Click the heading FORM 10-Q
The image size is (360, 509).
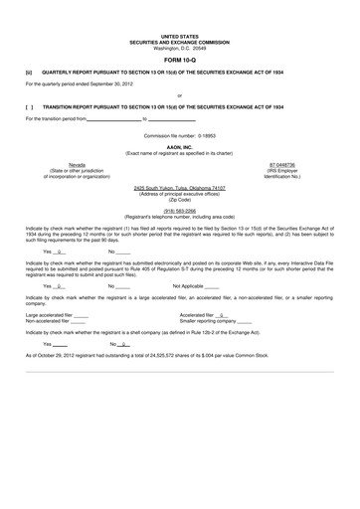(x=180, y=57)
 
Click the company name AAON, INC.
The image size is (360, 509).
(x=180, y=145)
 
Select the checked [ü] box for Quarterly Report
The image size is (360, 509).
(x=29, y=72)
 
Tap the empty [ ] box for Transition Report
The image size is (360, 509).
(x=29, y=105)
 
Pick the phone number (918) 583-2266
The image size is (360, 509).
(x=180, y=210)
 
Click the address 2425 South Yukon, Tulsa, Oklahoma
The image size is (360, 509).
(x=180, y=187)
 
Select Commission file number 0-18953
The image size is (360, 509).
(x=180, y=132)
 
